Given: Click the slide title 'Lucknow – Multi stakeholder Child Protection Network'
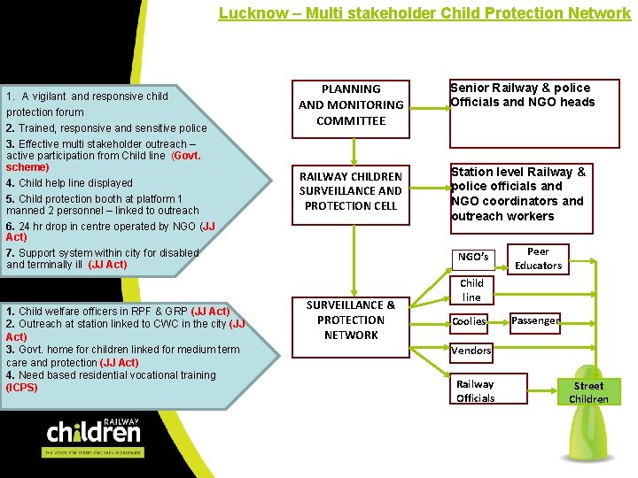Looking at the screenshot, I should point(424,13).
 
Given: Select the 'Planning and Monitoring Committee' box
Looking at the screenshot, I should point(351,105).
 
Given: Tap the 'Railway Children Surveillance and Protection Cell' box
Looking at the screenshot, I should point(351,191).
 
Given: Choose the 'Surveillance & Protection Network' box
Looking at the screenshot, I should point(351,320).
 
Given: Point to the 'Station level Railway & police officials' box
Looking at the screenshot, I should point(534,194).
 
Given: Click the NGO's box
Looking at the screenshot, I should point(473,258).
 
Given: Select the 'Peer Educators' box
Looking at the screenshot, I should point(538,258).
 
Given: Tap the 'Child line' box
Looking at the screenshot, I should point(471,290).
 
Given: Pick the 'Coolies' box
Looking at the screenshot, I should point(470,321).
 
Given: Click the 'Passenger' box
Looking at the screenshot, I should point(534,321).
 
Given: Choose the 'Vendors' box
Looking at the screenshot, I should point(471,351).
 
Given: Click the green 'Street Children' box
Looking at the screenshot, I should point(588,392).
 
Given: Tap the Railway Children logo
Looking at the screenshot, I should point(93,434).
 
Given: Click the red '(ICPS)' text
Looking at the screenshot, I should point(22,388).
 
